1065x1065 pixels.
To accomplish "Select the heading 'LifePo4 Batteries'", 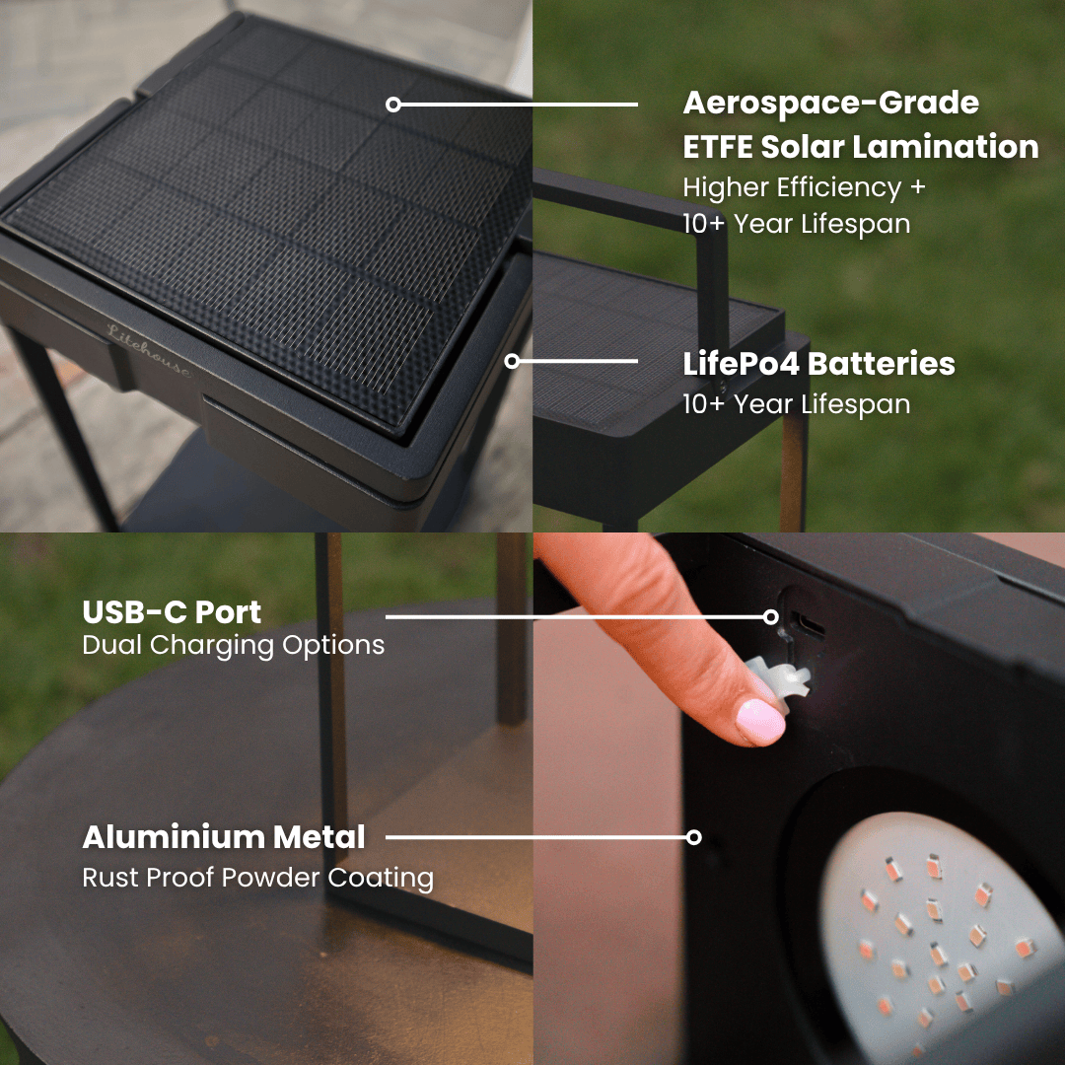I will [818, 363].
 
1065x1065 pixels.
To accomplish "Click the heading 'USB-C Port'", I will [172, 611].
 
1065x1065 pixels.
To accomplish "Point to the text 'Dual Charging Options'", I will [233, 645].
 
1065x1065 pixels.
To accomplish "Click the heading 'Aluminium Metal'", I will [224, 837].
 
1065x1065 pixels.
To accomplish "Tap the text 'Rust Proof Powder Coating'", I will [257, 877].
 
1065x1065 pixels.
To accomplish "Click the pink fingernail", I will [759, 721].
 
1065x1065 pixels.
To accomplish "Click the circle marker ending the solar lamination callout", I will [393, 104].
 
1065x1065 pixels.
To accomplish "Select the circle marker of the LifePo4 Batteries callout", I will [512, 361].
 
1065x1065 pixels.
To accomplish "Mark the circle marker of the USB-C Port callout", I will [770, 616].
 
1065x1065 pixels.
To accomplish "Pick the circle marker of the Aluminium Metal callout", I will [693, 837].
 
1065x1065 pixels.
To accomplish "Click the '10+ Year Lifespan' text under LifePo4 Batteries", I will [796, 403].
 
